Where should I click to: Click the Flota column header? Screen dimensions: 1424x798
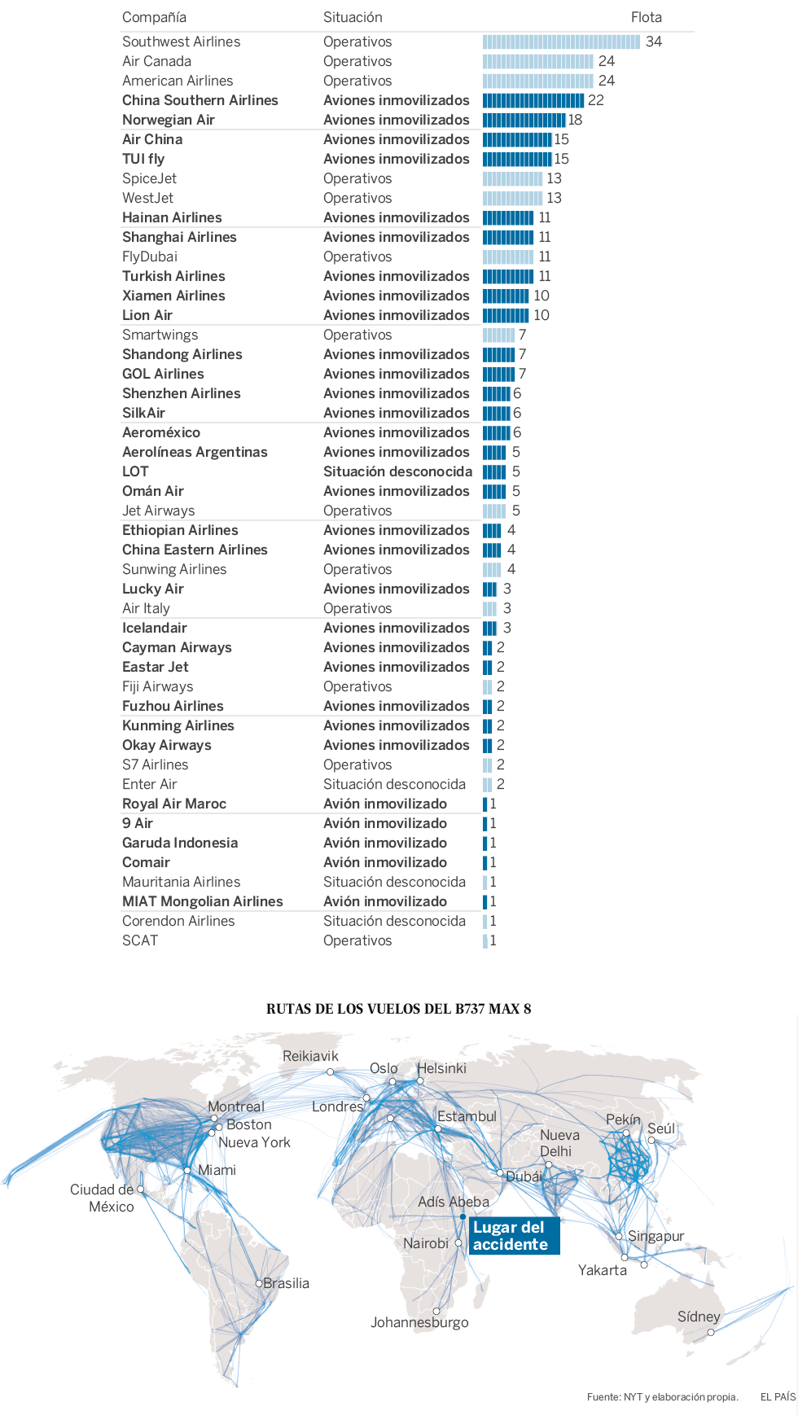click(x=646, y=17)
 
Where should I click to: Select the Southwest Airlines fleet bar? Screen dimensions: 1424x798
click(x=561, y=42)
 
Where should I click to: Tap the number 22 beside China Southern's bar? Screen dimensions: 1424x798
click(x=596, y=100)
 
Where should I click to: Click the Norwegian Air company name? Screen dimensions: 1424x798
click(x=169, y=120)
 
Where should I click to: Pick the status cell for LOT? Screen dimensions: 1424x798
click(x=397, y=471)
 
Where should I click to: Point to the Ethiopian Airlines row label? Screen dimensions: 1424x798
click(x=180, y=530)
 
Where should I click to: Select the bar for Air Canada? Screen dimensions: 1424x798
click(x=537, y=61)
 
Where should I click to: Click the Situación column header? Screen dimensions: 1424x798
click(x=353, y=17)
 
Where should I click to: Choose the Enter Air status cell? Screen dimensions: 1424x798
click(x=394, y=784)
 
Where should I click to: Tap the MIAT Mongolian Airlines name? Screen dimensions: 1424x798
click(x=203, y=901)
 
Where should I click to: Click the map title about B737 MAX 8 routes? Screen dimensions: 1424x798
click(x=398, y=1009)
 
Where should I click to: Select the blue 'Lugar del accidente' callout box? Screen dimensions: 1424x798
click(x=514, y=1236)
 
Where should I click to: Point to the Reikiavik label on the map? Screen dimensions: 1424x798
click(x=310, y=1056)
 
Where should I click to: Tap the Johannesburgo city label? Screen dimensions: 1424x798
click(x=419, y=1322)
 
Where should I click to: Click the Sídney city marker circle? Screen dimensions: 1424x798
click(x=711, y=1333)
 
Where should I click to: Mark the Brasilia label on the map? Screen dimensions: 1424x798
click(x=286, y=1283)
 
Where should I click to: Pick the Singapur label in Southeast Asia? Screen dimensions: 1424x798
click(x=655, y=1236)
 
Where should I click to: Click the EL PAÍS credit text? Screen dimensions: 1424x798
click(x=778, y=1397)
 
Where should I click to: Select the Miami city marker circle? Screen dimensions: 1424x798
click(x=188, y=1170)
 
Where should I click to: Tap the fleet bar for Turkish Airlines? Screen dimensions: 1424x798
click(x=508, y=276)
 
